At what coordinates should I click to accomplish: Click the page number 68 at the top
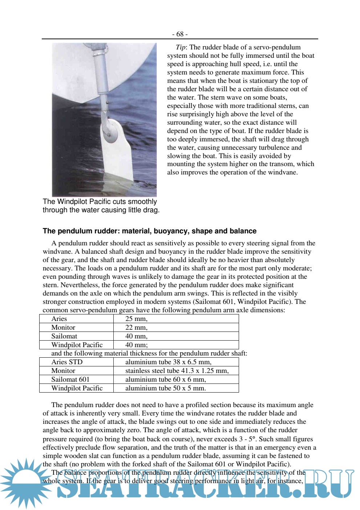(180, 34)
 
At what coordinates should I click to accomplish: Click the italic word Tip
(181, 47)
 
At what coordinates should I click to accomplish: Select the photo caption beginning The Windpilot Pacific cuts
(101, 206)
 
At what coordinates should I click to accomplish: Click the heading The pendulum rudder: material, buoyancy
(149, 231)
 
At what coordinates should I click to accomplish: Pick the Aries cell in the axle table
(59, 319)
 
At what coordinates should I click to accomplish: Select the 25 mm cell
(136, 319)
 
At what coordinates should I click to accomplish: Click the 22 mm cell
(136, 328)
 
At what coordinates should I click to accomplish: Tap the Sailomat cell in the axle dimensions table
(64, 336)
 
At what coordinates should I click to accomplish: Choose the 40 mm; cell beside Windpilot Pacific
(136, 345)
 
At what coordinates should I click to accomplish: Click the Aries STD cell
(67, 362)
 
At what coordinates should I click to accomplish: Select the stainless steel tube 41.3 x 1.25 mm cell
(177, 371)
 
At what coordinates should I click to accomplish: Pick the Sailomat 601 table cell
(70, 380)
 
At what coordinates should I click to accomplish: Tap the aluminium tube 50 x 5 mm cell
(165, 388)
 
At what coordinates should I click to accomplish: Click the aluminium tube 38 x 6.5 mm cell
(168, 362)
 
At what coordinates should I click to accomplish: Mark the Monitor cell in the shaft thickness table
(63, 371)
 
